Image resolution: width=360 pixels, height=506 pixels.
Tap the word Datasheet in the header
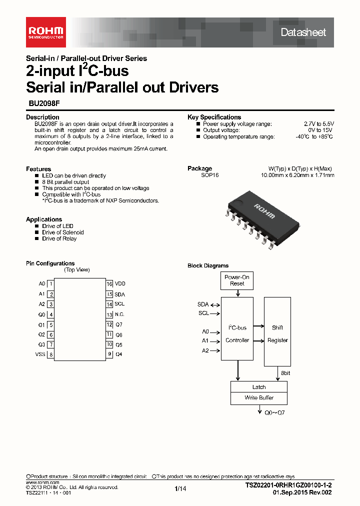pyautogui.click(x=303, y=32)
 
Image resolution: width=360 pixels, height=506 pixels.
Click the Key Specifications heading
pyautogui.click(x=214, y=117)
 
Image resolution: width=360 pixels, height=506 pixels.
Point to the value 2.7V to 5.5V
pyautogui.click(x=318, y=123)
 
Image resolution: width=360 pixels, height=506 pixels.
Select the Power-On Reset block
pyautogui.click(x=237, y=280)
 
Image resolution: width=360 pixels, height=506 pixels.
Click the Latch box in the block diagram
pyautogui.click(x=259, y=387)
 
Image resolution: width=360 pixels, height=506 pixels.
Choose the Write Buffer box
pyautogui.click(x=259, y=398)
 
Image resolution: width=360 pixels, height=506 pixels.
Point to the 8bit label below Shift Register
pyautogui.click(x=285, y=373)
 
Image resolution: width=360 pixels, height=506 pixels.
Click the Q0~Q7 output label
pyautogui.click(x=274, y=412)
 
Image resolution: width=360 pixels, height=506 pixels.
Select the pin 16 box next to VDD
pyautogui.click(x=109, y=283)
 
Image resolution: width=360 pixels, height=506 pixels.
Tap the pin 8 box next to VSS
pyautogui.click(x=51, y=355)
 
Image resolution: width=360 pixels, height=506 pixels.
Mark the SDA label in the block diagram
pyautogui.click(x=202, y=304)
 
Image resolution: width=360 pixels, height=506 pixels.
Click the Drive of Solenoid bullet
pyautogui.click(x=62, y=232)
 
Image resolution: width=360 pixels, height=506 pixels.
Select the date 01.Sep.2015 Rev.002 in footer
pyautogui.click(x=301, y=492)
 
